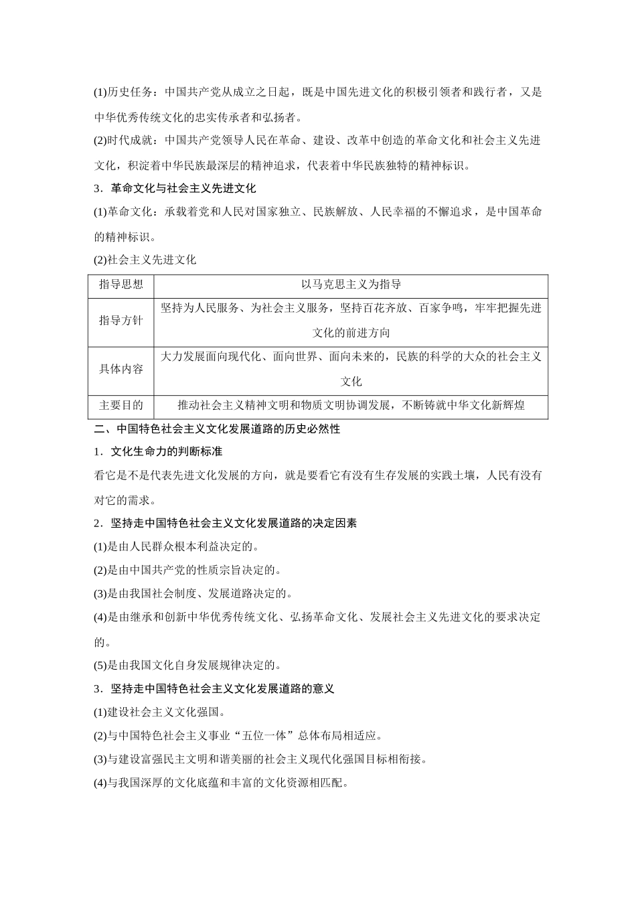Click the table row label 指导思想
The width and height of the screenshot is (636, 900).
[x=121, y=285]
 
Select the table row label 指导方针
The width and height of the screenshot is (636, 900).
[x=121, y=321]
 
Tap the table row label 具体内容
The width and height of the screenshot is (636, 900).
[x=121, y=369]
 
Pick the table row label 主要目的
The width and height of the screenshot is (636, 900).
[x=121, y=405]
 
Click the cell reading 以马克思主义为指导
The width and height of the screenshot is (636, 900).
[x=351, y=285]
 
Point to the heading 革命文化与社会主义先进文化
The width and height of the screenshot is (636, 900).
[x=183, y=188]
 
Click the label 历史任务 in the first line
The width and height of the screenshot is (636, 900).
[x=130, y=92]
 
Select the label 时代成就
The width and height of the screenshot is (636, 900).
[x=130, y=141]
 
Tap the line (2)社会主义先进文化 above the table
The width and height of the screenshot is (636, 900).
[x=145, y=260]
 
